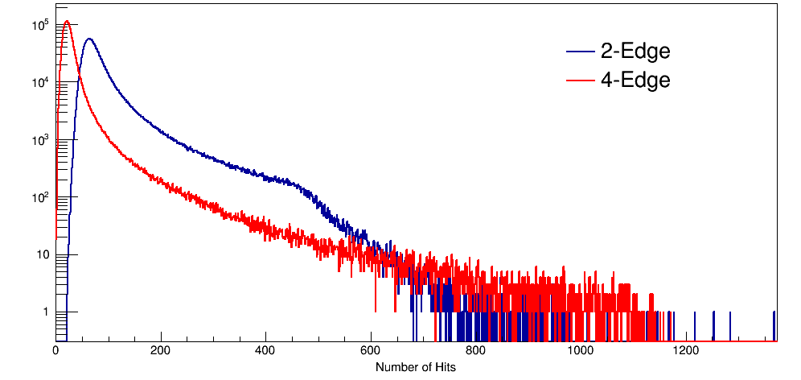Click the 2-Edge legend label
point(635,52)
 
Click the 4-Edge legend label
point(635,81)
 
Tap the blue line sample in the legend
point(581,52)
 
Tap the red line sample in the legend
point(581,81)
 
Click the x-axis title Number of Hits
point(416,367)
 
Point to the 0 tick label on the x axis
point(55,351)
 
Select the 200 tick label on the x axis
point(161,351)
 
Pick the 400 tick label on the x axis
point(265,351)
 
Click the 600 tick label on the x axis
point(371,351)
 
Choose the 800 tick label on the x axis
point(476,351)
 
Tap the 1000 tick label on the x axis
point(581,351)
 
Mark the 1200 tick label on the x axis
point(686,351)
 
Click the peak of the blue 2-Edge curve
point(88,39)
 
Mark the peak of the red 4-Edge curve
point(67,22)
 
